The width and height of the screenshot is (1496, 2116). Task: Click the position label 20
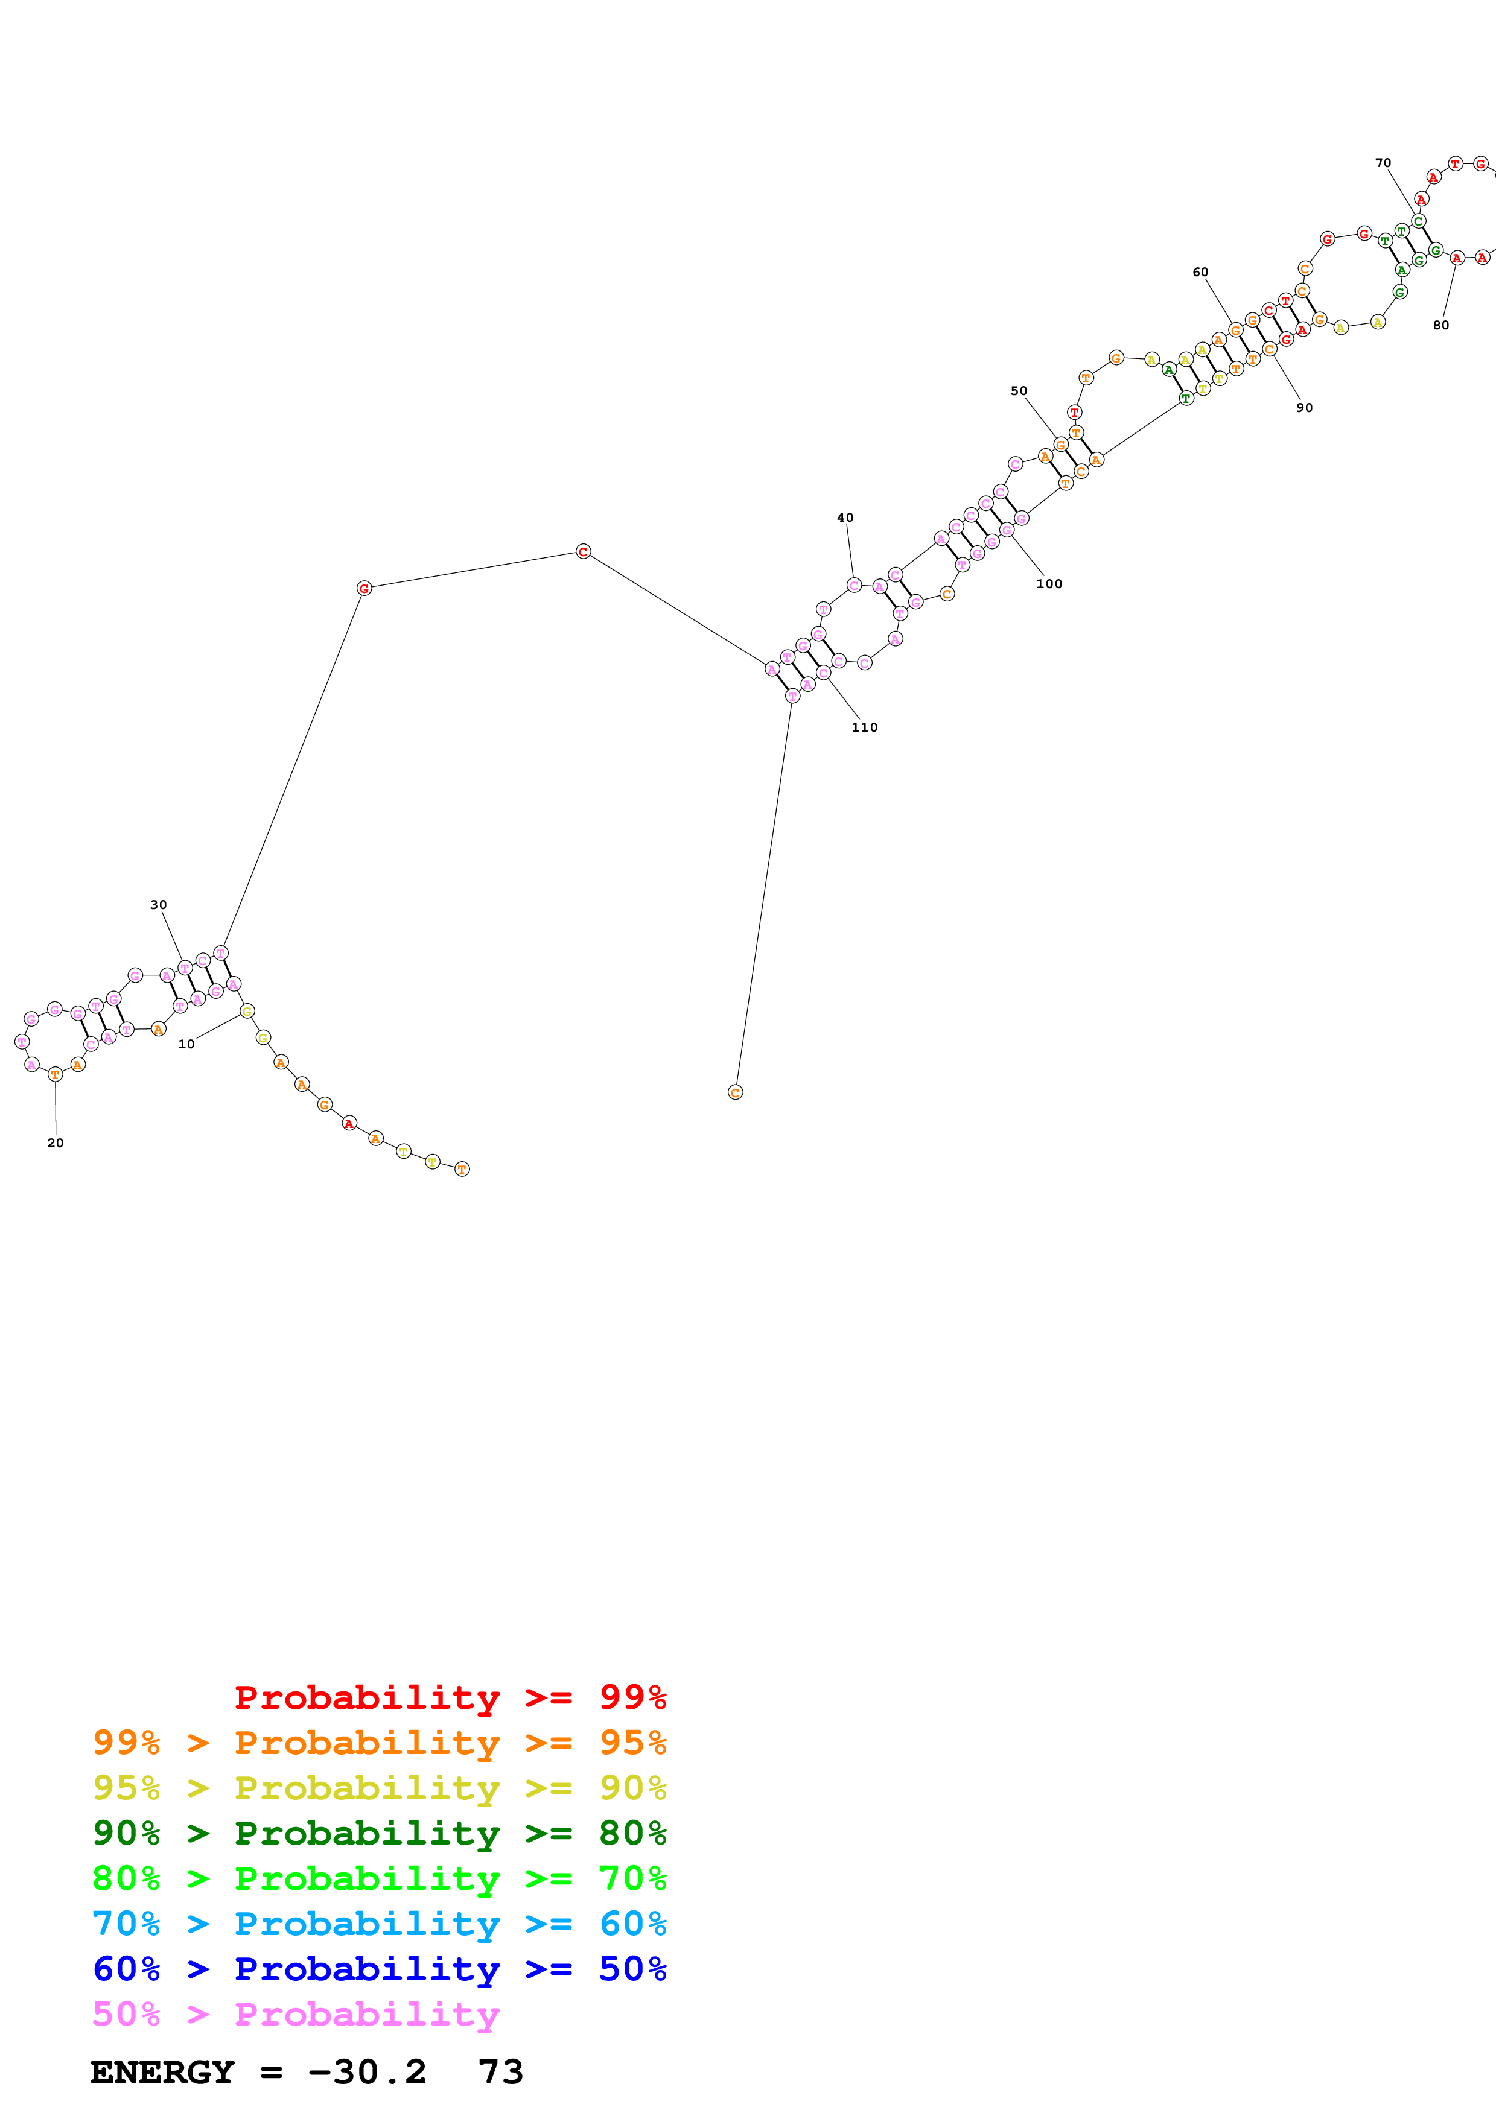point(56,1143)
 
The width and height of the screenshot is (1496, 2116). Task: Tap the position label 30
point(159,905)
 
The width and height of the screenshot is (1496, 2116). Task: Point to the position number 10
point(186,1044)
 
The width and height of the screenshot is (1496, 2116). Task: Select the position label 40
point(845,518)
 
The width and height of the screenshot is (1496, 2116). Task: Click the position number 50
point(1019,391)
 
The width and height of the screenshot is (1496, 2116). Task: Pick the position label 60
point(1200,272)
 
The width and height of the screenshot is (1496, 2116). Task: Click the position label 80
point(1440,325)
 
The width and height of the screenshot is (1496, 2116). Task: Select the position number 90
point(1304,407)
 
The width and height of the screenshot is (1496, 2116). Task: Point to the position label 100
point(1049,583)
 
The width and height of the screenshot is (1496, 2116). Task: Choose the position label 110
point(865,727)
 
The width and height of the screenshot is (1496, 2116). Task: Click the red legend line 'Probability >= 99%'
point(450,1697)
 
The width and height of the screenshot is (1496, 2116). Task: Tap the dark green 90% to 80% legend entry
point(379,1833)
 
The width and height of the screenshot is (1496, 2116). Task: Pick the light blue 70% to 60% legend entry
point(379,1924)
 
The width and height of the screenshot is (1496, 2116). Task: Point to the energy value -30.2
point(367,2072)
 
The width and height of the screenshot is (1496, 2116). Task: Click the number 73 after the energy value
point(500,2072)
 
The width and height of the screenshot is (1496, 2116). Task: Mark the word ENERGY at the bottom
point(162,2072)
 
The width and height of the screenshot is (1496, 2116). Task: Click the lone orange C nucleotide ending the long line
point(734,1092)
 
